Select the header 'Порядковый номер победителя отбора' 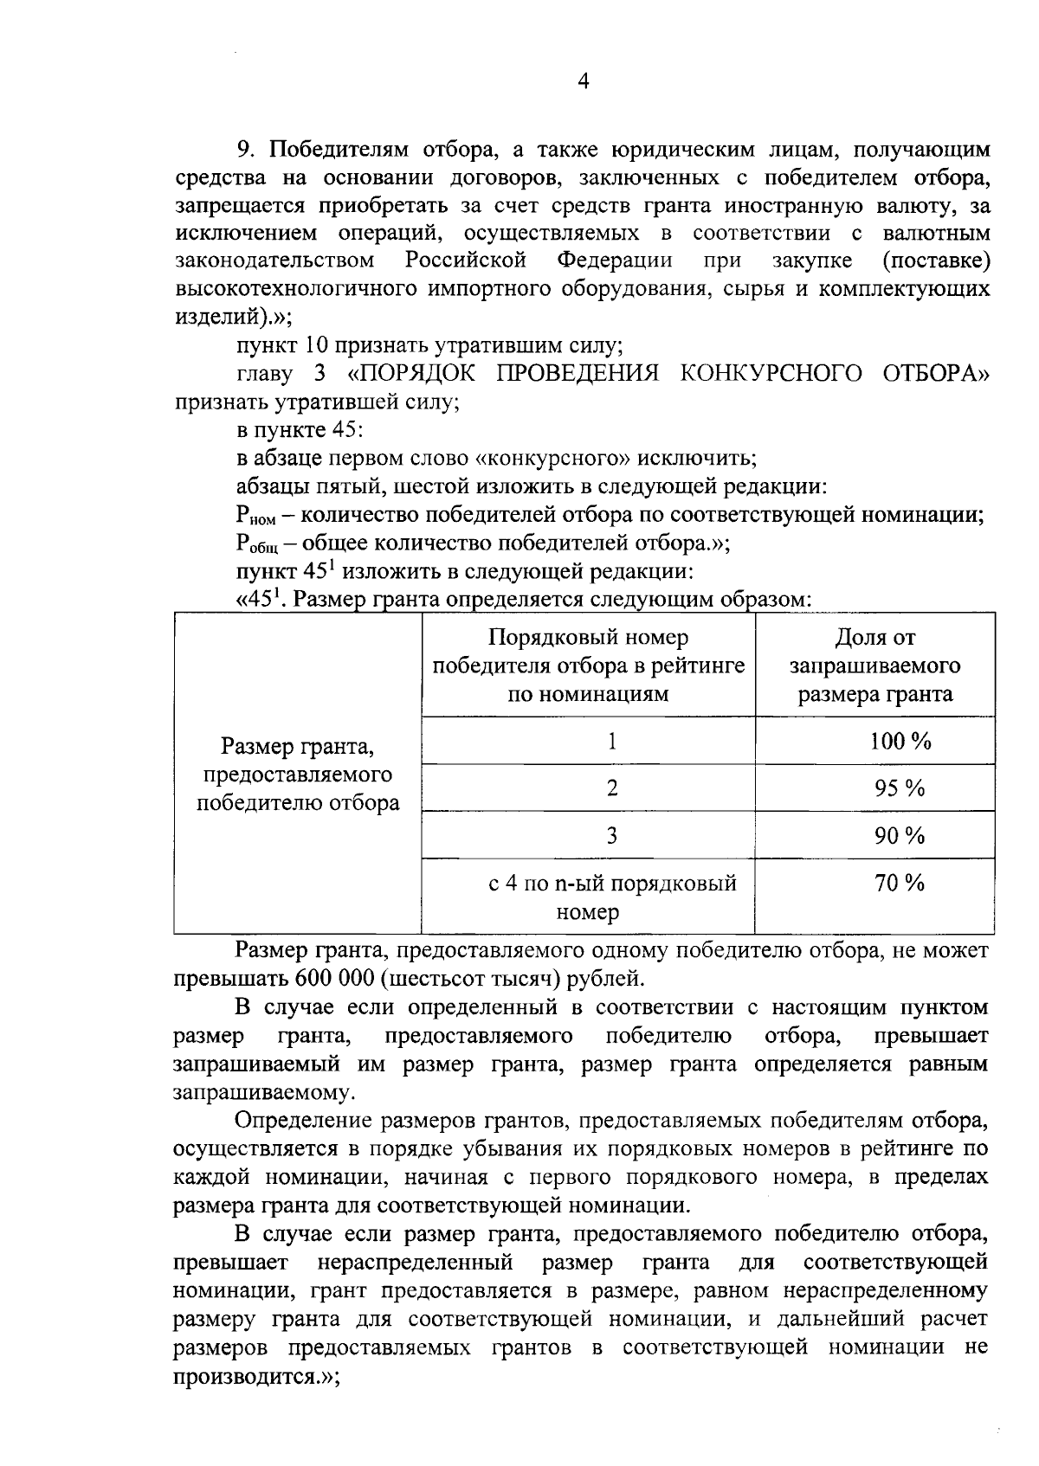[589, 665]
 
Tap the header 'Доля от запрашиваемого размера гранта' [875, 665]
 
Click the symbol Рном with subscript [255, 517]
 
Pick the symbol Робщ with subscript [257, 544]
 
